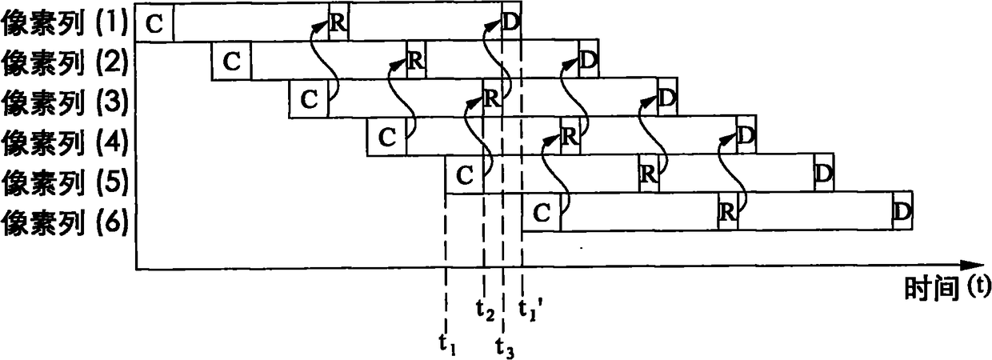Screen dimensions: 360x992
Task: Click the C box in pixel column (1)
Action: click(x=154, y=23)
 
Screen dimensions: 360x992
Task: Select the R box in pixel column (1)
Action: click(x=338, y=23)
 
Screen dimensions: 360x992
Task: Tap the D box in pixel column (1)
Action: click(x=512, y=23)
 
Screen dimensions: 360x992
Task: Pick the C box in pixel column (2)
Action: click(x=231, y=62)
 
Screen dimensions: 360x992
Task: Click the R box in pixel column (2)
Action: click(x=414, y=62)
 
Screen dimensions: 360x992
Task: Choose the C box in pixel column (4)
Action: click(x=386, y=137)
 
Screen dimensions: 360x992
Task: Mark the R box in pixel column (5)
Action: click(x=649, y=175)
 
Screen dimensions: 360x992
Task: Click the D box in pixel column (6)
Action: click(x=902, y=213)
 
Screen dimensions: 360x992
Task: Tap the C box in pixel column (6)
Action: click(x=541, y=213)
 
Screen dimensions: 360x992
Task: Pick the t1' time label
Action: click(x=528, y=307)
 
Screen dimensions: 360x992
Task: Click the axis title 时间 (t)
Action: click(x=948, y=286)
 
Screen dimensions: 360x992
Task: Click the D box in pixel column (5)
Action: click(x=824, y=175)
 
